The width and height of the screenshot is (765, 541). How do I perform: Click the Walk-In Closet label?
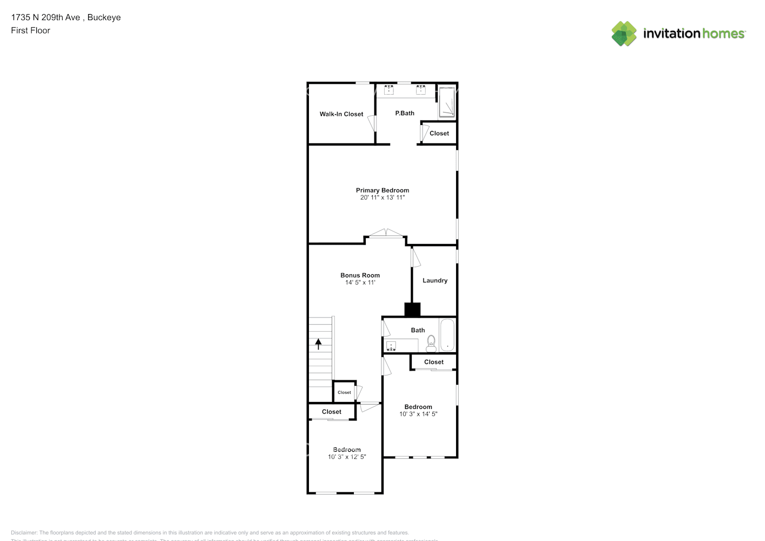341,114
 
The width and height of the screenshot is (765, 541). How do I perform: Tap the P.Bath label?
405,113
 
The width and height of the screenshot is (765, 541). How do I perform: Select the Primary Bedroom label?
382,190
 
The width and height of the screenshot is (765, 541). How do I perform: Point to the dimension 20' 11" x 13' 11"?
382,197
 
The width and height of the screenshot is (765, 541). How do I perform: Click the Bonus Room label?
360,275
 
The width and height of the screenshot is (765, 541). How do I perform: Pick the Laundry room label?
435,280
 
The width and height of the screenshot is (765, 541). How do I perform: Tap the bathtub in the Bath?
447,335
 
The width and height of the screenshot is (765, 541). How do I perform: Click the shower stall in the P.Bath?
446,102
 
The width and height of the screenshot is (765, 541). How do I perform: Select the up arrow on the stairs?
319,344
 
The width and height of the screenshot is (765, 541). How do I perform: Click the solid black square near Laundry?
412,309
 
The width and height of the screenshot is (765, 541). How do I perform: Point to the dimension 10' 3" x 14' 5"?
418,414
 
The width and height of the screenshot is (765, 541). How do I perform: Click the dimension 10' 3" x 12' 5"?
347,457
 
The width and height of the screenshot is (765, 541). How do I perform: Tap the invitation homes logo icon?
624,34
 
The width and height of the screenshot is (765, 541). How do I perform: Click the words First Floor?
30,30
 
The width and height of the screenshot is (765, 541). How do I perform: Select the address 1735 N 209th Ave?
45,17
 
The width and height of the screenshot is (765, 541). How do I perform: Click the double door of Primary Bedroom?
386,234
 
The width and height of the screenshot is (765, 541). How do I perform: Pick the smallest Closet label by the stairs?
344,392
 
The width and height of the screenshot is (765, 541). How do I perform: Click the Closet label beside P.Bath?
439,133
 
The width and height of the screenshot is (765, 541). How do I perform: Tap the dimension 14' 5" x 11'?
360,282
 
